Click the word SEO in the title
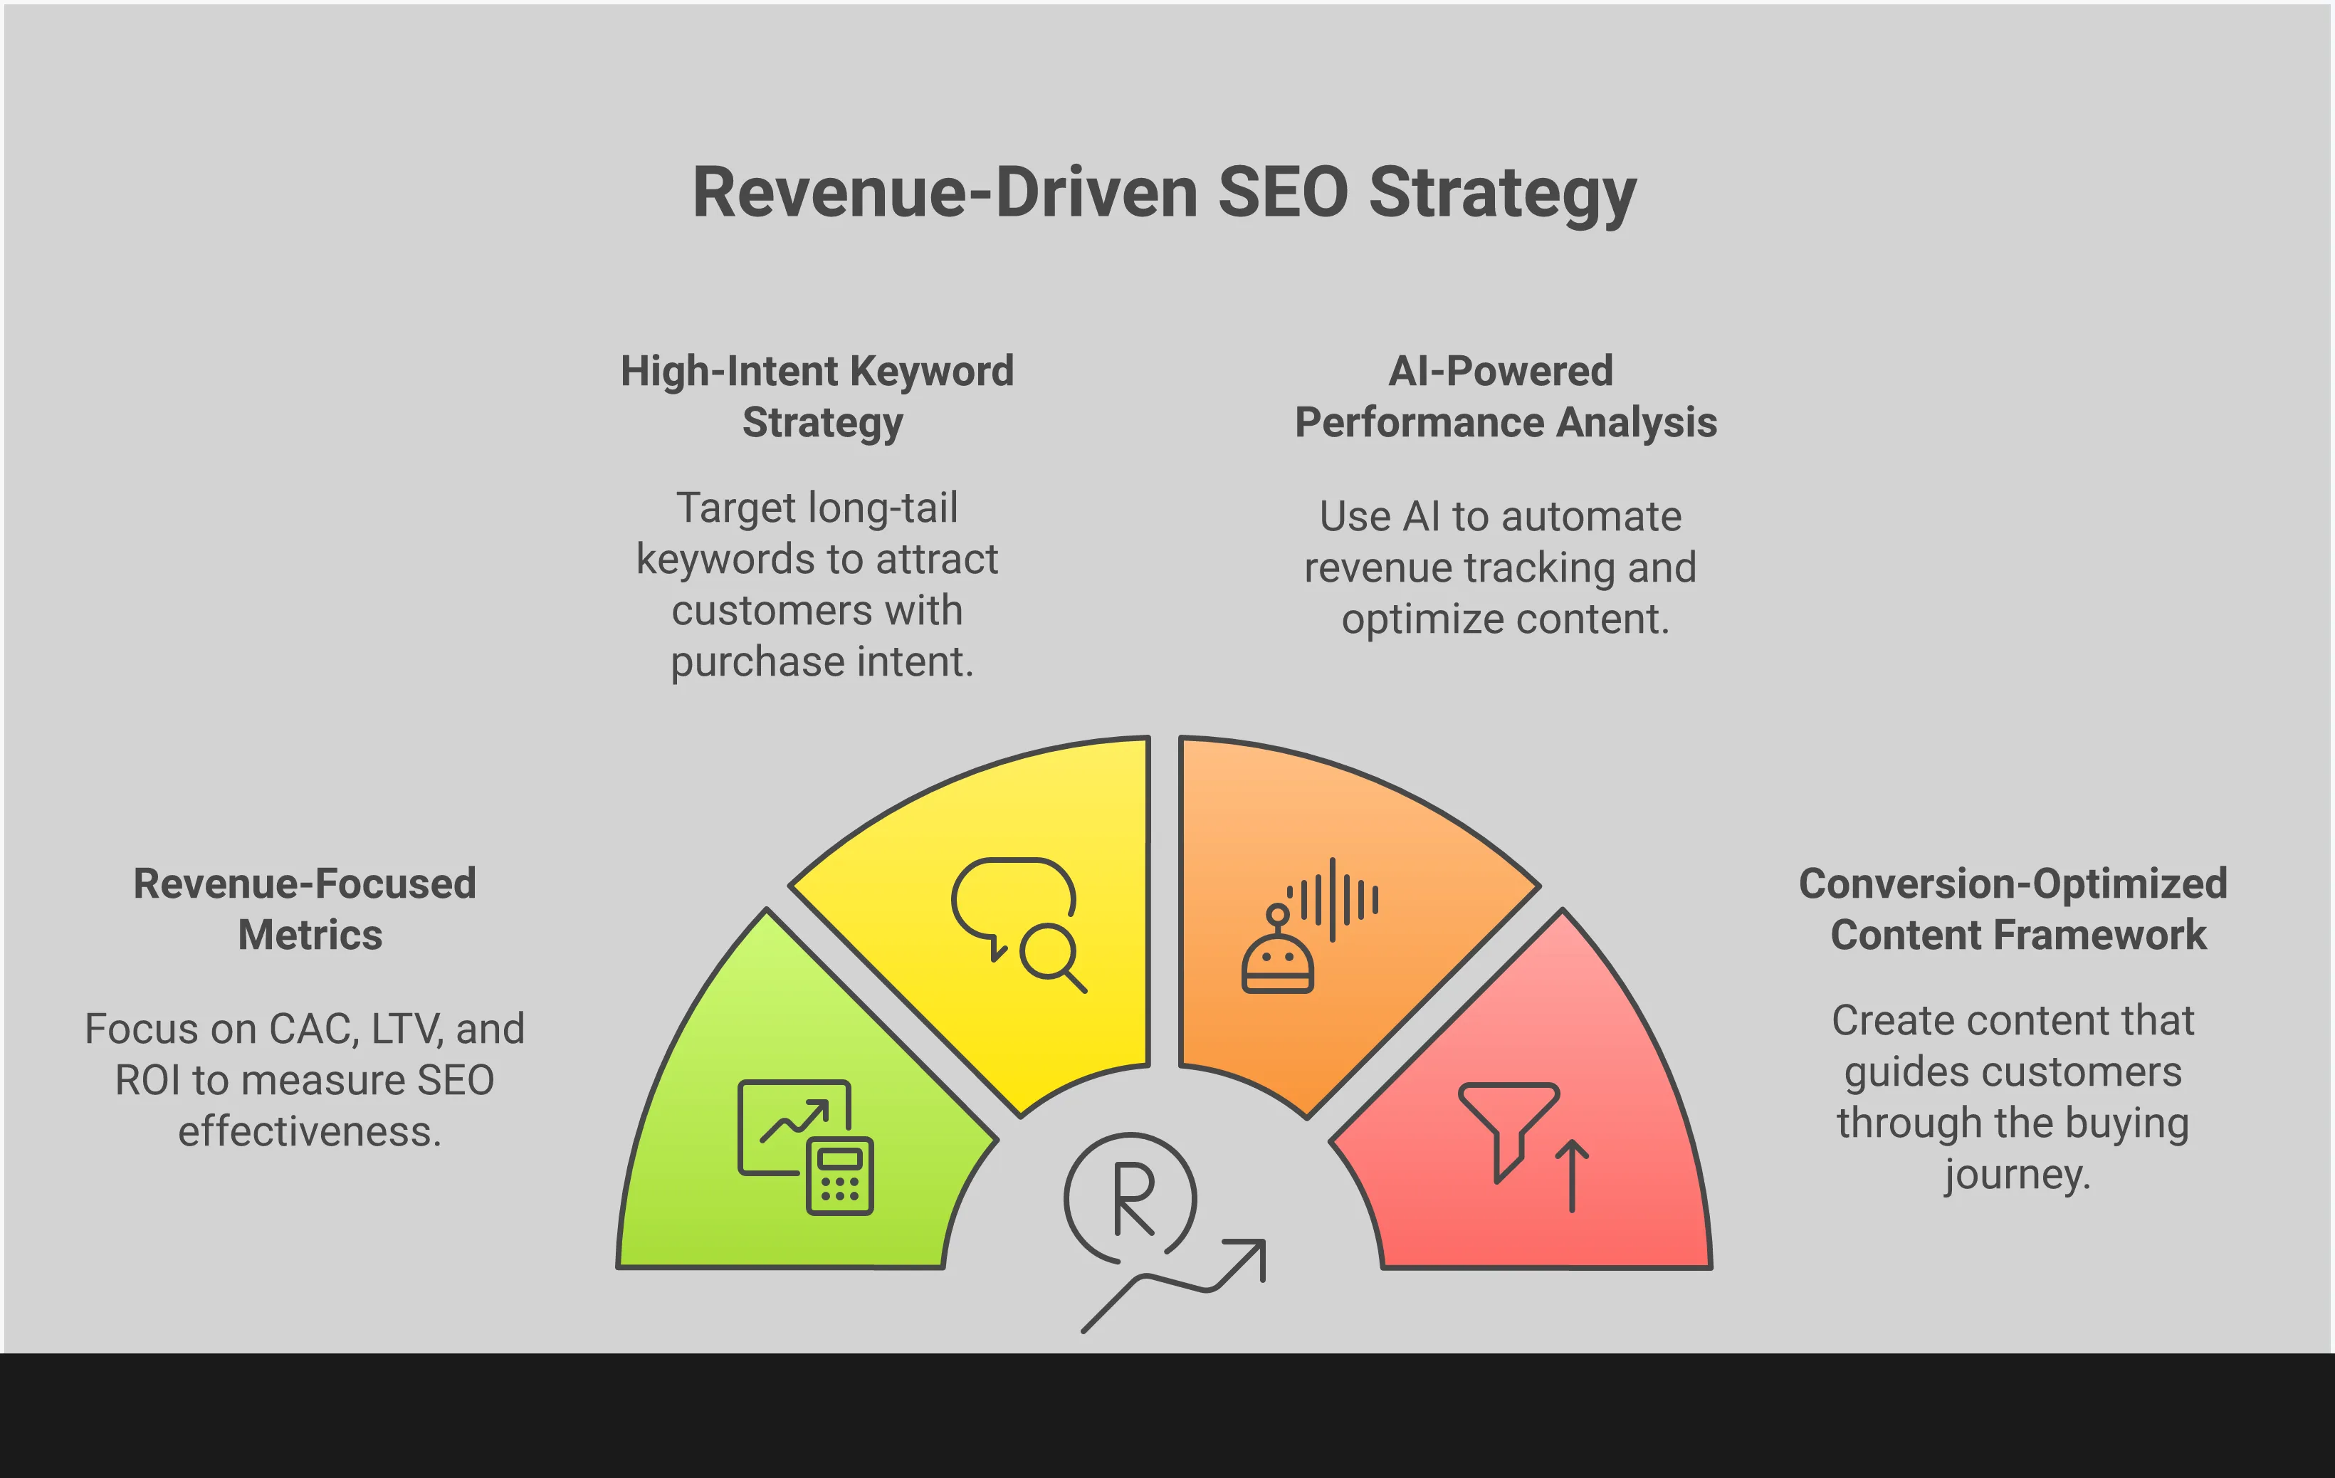click(1282, 192)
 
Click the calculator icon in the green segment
click(840, 1175)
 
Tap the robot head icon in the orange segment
click(1277, 960)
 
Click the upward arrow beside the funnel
click(1572, 1175)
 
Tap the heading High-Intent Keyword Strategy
click(817, 396)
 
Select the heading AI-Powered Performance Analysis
click(1504, 396)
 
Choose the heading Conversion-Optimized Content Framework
click(2013, 908)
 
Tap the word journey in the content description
click(2015, 1175)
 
